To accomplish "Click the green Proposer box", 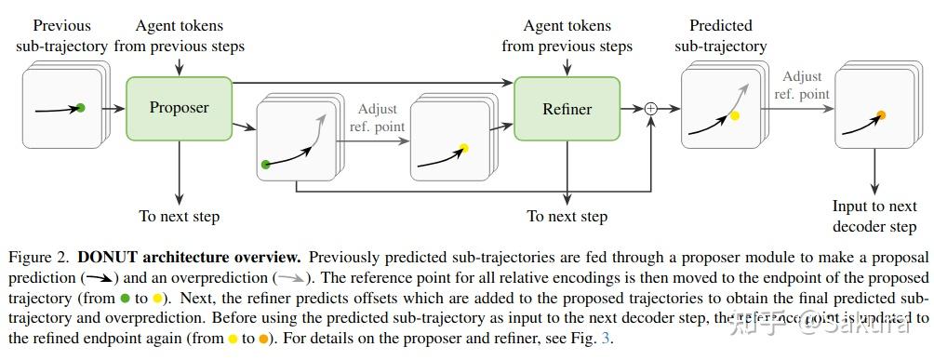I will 180,108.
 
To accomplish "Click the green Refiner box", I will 567,109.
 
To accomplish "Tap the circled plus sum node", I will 650,109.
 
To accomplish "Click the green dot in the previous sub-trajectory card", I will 81,109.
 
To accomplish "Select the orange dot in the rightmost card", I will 881,115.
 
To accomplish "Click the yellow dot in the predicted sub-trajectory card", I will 734,116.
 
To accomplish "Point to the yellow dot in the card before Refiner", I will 463,147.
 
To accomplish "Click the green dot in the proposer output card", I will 266,165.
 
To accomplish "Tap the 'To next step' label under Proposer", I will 180,217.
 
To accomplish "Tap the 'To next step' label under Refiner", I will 567,217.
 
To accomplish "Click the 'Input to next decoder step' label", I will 874,217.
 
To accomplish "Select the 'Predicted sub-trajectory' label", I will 721,36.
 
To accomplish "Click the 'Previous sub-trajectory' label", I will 61,36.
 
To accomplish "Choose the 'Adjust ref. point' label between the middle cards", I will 376,117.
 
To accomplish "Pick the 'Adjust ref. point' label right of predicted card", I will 802,85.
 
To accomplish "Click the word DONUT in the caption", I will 110,257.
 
